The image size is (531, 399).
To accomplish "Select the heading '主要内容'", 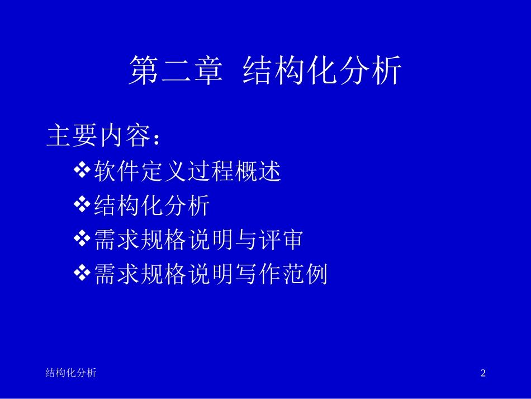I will click(x=98, y=137).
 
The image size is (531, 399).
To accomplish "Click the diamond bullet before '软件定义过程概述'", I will click(x=82, y=170).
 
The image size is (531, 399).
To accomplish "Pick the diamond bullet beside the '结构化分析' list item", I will click(x=82, y=205).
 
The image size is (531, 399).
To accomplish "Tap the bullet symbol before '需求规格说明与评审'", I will click(x=82, y=239).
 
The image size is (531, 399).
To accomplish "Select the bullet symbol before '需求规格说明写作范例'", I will click(x=82, y=273).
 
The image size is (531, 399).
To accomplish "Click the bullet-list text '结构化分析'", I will click(x=152, y=206).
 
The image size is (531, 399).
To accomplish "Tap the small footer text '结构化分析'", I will click(x=70, y=373).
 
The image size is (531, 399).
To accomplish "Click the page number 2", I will click(x=483, y=373).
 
